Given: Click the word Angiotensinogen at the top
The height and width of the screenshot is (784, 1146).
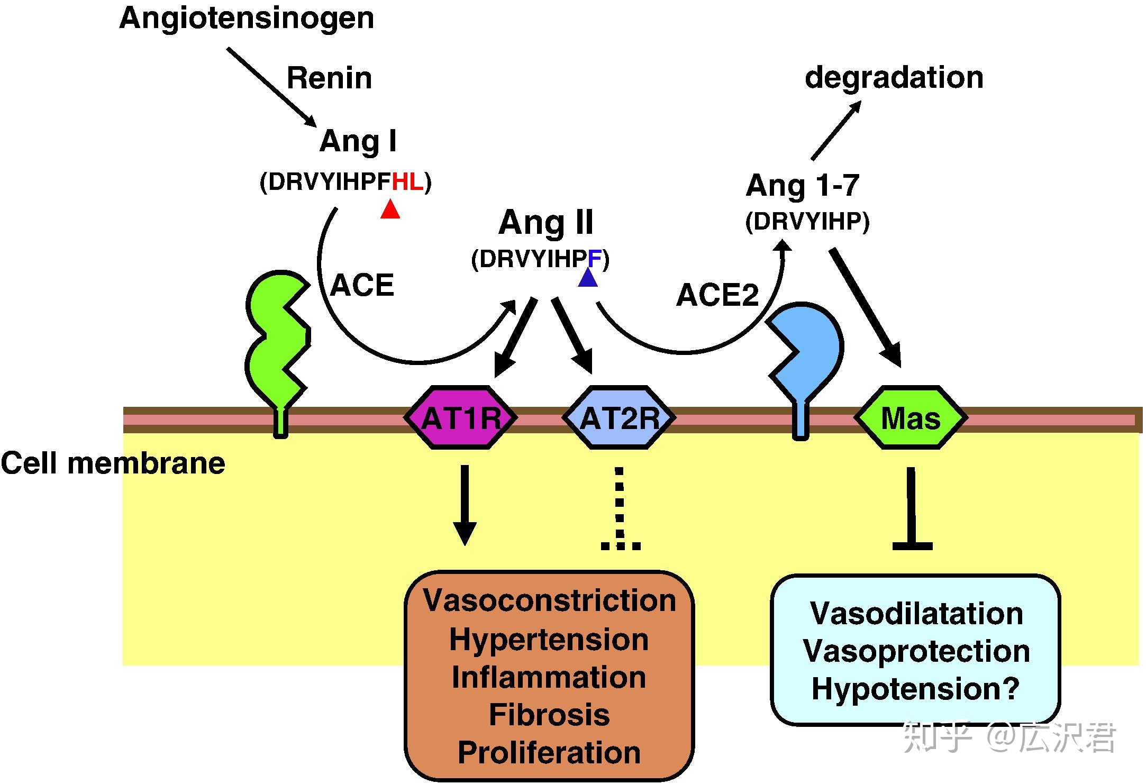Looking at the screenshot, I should pos(247,19).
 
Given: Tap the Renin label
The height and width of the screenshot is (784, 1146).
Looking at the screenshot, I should pos(329,79).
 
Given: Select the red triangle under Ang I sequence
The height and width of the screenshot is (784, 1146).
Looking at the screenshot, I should pos(390,210).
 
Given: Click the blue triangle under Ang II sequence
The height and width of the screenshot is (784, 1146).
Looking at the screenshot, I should pos(588,279).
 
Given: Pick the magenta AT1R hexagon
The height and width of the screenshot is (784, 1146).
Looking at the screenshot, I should pos(461,418).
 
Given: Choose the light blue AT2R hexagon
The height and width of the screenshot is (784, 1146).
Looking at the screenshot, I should pos(620,418).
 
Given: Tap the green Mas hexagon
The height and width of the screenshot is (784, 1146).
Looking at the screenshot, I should pos(911,418).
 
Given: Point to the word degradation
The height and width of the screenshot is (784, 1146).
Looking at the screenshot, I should pos(894,78).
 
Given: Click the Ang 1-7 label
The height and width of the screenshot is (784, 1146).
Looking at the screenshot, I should pos(802,186).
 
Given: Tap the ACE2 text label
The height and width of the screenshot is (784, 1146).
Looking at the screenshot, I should pos(717,295).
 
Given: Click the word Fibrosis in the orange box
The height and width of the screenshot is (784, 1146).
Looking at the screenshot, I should pos(549,715).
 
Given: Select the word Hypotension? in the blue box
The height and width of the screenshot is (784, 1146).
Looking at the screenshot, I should pos(915,689).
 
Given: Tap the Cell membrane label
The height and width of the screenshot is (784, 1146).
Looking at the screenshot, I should pos(113,463).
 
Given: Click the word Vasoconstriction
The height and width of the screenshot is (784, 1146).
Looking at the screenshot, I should pos(549,601).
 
